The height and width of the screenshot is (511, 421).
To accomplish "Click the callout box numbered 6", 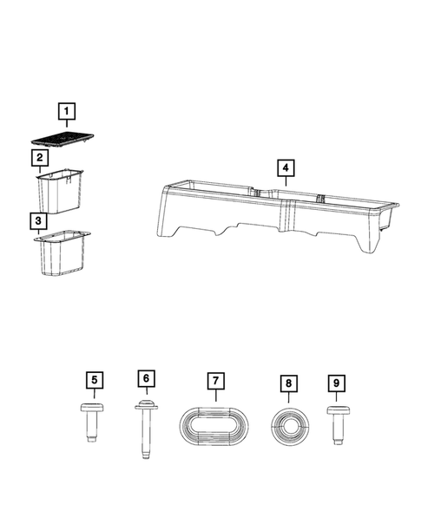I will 146,378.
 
